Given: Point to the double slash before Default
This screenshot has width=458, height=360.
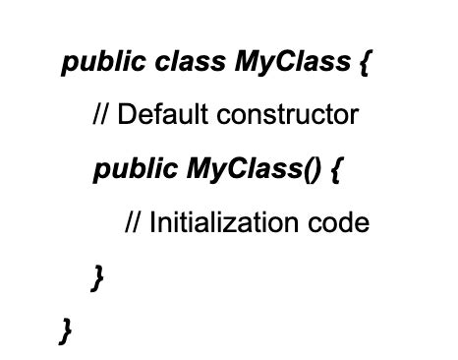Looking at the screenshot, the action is click(101, 117).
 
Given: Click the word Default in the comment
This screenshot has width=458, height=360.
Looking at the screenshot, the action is click(156, 117).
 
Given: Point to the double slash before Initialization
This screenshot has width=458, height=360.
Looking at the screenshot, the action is click(133, 223).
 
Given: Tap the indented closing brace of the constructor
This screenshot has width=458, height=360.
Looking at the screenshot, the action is click(96, 277).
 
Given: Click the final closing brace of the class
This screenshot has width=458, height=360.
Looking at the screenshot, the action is click(65, 330).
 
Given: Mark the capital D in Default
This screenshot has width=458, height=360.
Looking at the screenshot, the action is click(126, 117).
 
